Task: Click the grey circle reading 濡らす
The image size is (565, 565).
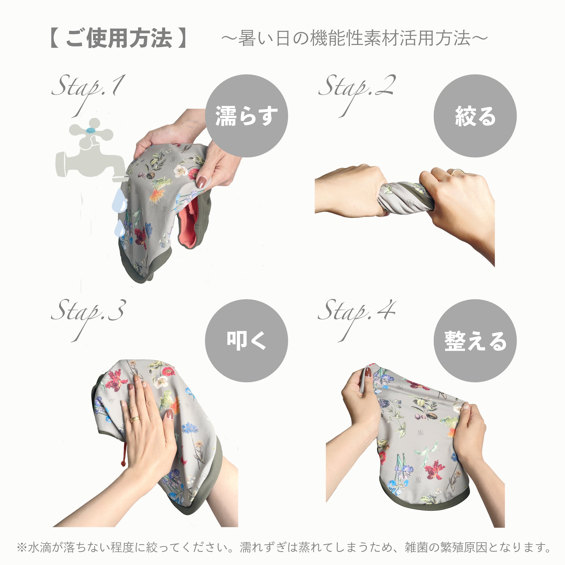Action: pyautogui.click(x=247, y=116)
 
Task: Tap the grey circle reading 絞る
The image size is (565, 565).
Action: pyautogui.click(x=475, y=116)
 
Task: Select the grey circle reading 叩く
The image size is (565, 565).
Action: pyautogui.click(x=247, y=341)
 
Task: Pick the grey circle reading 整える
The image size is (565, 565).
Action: pyautogui.click(x=475, y=341)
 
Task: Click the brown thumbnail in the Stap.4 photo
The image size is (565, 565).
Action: pyautogui.click(x=368, y=373)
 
